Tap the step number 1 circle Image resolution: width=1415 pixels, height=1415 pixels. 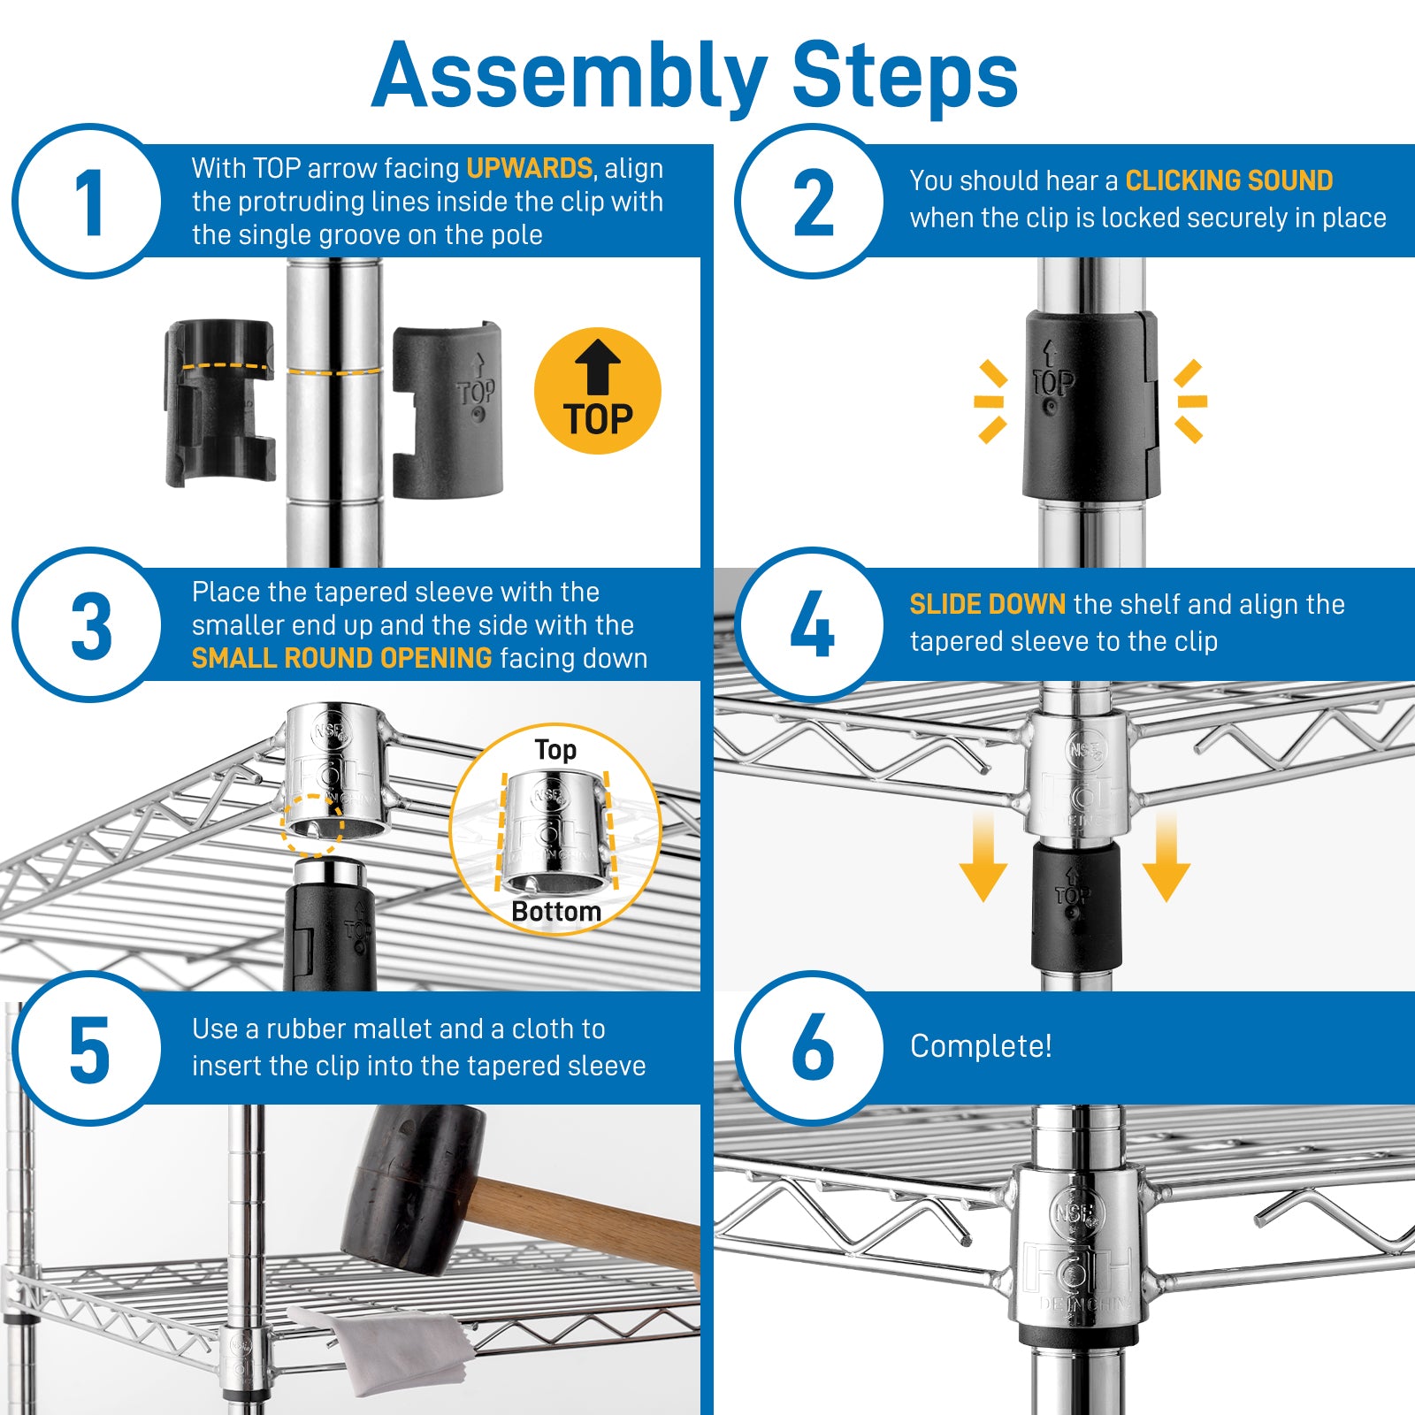point(88,202)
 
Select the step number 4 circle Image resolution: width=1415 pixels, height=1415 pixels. point(811,624)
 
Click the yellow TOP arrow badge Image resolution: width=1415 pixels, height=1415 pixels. point(598,391)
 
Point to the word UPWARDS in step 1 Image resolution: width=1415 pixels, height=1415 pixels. point(529,168)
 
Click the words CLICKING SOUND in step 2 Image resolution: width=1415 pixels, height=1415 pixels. point(1228,180)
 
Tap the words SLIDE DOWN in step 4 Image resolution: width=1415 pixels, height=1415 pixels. point(987,604)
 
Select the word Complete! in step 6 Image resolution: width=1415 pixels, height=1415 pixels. point(981,1045)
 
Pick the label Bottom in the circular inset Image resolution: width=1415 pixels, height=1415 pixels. point(555,912)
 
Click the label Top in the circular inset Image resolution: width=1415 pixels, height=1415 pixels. point(555,750)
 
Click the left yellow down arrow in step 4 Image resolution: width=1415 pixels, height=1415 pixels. point(983,858)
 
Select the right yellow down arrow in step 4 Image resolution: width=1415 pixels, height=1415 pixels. point(1166,858)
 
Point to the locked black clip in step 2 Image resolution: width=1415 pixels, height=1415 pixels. point(1090,405)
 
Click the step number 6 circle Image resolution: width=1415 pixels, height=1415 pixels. point(811,1048)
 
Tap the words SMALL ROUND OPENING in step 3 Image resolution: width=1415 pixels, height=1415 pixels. point(341,658)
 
